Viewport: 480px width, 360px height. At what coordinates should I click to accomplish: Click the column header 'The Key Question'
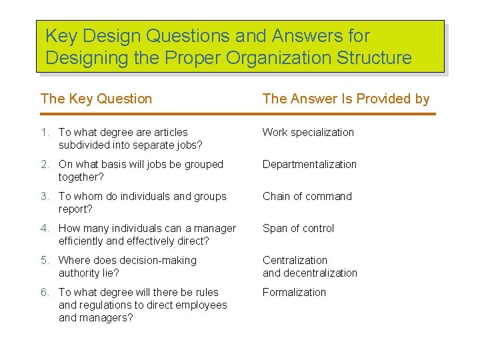click(96, 99)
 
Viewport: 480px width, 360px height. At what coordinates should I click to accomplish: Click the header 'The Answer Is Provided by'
click(346, 99)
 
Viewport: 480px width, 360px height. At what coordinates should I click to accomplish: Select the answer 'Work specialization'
click(308, 132)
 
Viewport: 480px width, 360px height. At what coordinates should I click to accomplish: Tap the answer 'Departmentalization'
click(309, 164)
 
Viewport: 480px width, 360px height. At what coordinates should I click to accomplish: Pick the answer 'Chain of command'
click(307, 196)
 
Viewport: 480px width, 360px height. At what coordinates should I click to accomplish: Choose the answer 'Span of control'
click(298, 228)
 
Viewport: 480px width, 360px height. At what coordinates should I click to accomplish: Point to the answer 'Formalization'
click(294, 292)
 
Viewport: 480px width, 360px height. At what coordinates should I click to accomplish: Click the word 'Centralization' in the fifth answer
click(295, 260)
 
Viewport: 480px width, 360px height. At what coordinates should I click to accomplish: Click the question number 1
click(44, 132)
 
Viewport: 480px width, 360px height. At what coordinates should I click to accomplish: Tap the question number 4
click(44, 228)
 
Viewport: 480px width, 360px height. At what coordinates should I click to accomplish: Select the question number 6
click(44, 292)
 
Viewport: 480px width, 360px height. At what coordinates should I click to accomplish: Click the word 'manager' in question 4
click(215, 228)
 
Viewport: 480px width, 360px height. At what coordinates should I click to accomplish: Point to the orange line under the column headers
click(238, 114)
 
